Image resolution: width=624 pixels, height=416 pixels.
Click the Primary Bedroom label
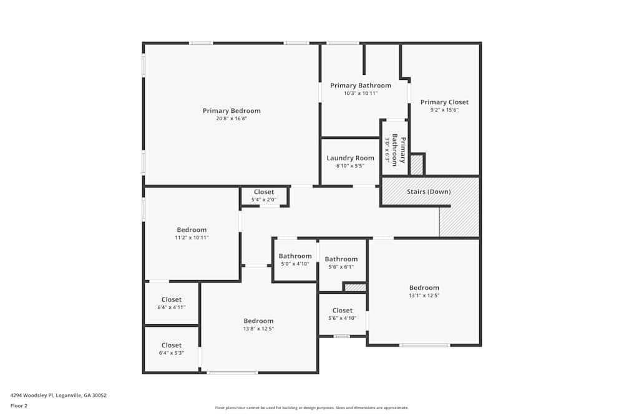tap(232, 111)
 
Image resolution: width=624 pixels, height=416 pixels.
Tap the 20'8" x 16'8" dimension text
tap(232, 119)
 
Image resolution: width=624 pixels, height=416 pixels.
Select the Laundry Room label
tap(350, 158)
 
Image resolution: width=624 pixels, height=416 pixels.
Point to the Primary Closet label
tap(444, 102)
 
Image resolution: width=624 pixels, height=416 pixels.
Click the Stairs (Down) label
tap(428, 191)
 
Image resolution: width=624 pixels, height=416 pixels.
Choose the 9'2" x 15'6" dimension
tap(444, 110)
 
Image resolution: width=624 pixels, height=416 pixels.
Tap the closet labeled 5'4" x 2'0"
tap(264, 192)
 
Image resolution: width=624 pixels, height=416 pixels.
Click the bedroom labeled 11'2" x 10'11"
tap(192, 230)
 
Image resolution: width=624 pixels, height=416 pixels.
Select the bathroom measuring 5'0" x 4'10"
tap(295, 256)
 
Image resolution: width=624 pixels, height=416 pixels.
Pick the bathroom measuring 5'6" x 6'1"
tap(341, 259)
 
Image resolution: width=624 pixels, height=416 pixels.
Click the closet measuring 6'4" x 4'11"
tap(172, 300)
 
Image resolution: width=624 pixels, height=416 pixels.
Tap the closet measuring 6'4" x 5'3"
tap(172, 346)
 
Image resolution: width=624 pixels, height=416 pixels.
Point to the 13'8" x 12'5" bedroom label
tap(258, 321)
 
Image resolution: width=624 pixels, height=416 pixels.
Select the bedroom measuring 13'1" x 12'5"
tap(424, 288)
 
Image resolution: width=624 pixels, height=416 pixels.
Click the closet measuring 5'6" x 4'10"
tap(342, 311)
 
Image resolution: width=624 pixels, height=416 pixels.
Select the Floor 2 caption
tap(19, 405)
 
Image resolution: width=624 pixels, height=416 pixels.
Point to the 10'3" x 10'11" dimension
tap(361, 93)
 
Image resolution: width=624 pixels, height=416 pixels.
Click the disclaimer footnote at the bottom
tap(312, 408)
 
